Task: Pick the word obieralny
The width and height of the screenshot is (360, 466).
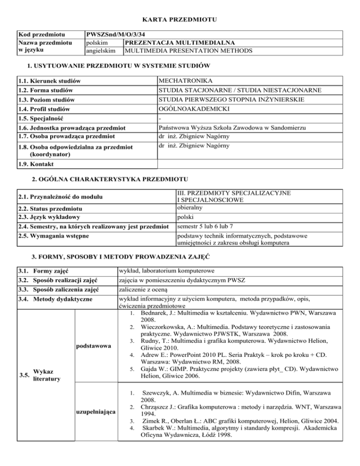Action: (188, 207)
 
